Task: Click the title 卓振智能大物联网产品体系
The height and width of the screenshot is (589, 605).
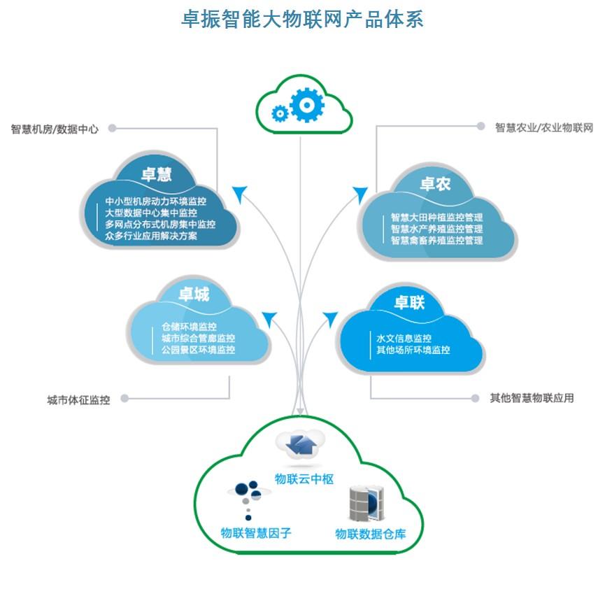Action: [x=302, y=18]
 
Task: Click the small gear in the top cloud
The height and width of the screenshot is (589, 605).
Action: [x=280, y=113]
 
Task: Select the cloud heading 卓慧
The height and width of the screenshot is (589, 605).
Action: [x=156, y=174]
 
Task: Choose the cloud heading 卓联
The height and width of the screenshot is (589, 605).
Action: [x=409, y=302]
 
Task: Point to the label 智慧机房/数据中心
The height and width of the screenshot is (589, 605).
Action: [x=55, y=129]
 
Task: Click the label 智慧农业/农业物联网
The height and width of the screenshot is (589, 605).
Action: [x=544, y=128]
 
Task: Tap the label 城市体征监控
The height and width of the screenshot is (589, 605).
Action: [x=78, y=400]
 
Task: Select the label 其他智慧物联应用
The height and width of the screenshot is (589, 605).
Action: [x=532, y=398]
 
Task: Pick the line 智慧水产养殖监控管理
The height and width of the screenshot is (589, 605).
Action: [x=436, y=229]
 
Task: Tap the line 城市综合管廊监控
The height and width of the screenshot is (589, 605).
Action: [x=198, y=338]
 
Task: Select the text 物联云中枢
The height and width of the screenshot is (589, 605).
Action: [x=304, y=479]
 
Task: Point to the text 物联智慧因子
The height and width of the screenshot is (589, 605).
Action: [x=255, y=533]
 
